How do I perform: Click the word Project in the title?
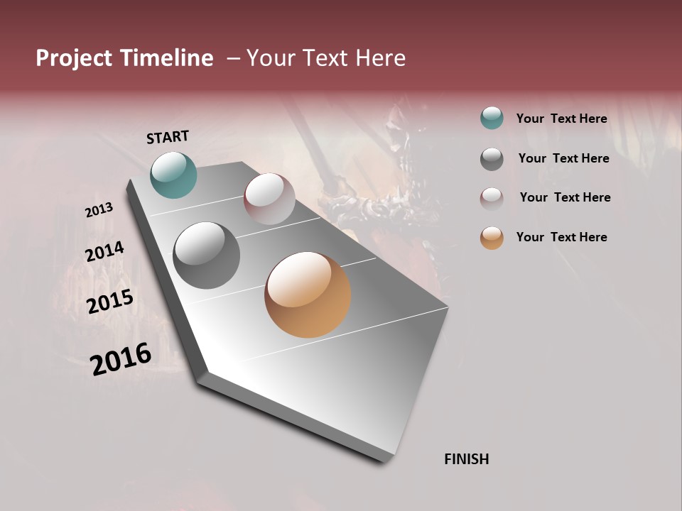point(75,58)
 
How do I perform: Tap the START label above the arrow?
point(168,137)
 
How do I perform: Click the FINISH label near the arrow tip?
point(466,459)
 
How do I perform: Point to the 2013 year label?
point(99,210)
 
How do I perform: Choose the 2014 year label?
point(104,252)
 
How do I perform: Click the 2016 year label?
point(120,359)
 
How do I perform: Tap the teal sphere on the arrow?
point(173,175)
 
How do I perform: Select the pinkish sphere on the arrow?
point(269,199)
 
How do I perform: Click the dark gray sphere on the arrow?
point(206,255)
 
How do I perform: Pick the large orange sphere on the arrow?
point(308,295)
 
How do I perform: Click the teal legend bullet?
point(492,119)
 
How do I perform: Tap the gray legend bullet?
point(492,158)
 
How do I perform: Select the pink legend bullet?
point(492,198)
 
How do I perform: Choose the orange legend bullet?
point(492,238)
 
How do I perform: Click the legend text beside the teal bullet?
point(561,119)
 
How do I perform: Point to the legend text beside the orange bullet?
point(561,237)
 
